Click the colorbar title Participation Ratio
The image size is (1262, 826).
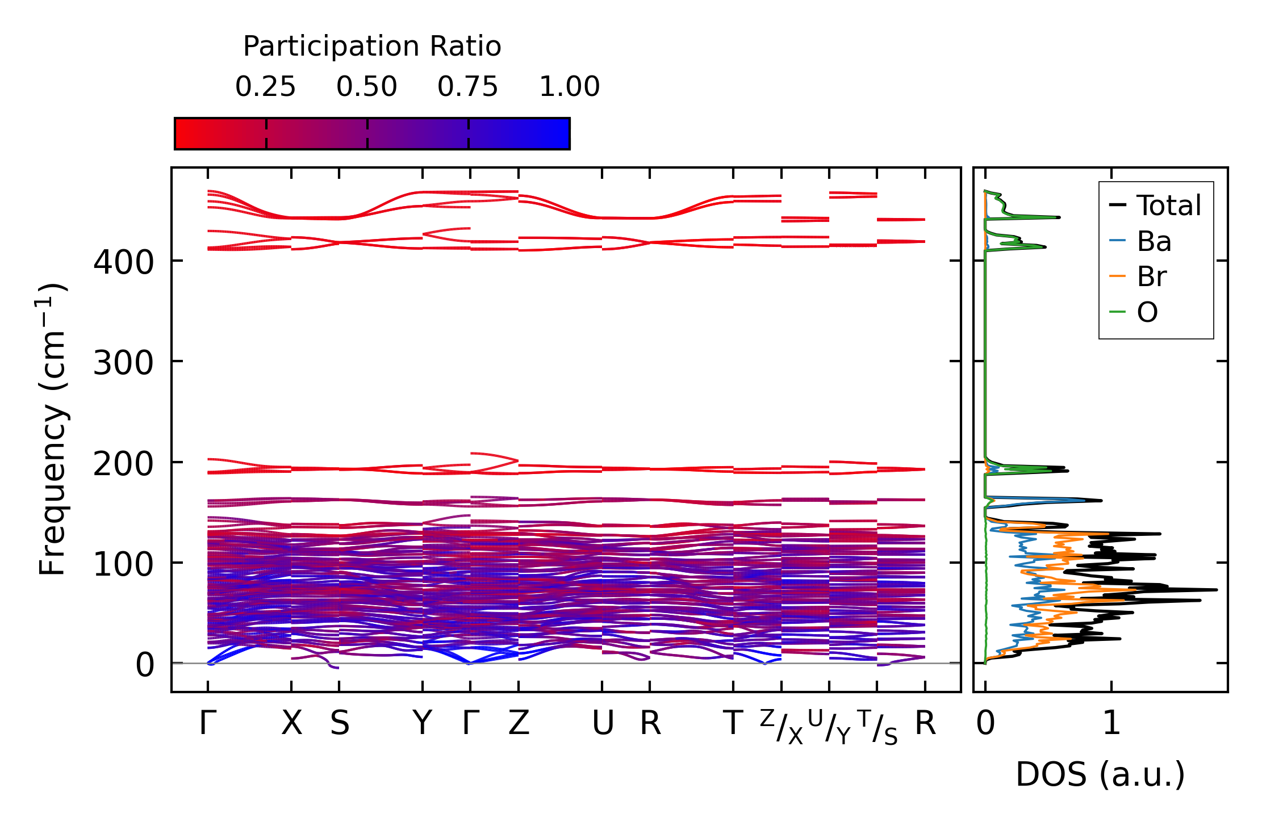(x=372, y=47)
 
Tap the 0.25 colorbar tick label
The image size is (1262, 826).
(x=265, y=87)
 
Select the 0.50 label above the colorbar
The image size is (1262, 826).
(x=366, y=87)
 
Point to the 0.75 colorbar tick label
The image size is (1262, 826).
(x=467, y=87)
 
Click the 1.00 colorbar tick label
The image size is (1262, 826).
(x=569, y=87)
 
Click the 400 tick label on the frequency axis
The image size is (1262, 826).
(x=123, y=263)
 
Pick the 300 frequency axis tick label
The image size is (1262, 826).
(x=123, y=363)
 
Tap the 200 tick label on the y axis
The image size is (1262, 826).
(x=123, y=464)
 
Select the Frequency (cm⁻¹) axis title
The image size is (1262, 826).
(x=53, y=429)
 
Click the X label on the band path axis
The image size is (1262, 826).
(x=291, y=724)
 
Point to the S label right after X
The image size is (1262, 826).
(x=340, y=724)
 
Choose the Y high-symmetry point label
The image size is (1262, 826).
(x=422, y=724)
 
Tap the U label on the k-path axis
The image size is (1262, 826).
(x=603, y=724)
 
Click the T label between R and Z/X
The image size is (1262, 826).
(x=733, y=724)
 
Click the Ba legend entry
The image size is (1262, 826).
(x=1154, y=241)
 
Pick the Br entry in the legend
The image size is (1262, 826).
(x=1151, y=276)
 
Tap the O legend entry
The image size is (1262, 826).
(x=1147, y=312)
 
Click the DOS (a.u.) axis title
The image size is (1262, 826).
(x=1100, y=775)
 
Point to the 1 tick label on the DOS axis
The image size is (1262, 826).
(x=1111, y=724)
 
